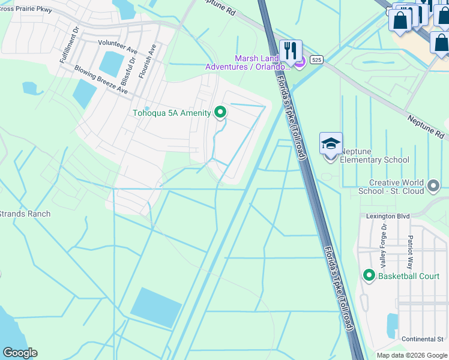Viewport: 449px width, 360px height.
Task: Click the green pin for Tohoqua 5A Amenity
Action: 220,112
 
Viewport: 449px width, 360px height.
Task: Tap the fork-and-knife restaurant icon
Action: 291,51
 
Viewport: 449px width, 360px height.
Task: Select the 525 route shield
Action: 317,59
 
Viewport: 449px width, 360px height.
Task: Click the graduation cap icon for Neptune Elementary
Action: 331,144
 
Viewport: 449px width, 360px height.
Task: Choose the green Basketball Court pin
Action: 369,275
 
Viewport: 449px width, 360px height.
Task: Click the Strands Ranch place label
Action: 25,214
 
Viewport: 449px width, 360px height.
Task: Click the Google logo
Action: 20,353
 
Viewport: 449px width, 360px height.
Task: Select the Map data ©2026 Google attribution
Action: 412,355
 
